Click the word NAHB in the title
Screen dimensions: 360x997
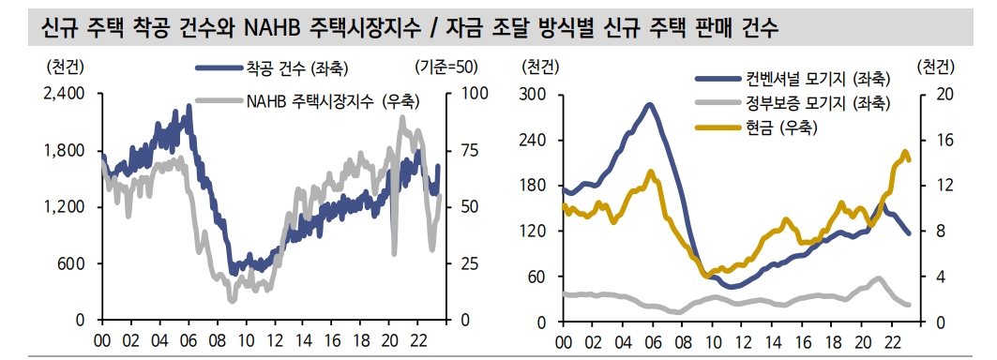pos(272,29)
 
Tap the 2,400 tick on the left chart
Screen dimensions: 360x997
pos(64,94)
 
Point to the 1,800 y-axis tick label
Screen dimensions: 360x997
pos(64,150)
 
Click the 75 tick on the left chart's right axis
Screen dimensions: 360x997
pos(468,150)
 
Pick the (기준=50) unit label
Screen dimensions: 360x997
pos(445,67)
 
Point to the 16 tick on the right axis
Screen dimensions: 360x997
pos(944,140)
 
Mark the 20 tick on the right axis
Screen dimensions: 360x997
pos(944,94)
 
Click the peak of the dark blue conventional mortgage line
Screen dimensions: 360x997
pos(649,104)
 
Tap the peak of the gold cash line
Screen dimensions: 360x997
pos(905,151)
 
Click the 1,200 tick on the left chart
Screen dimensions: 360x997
pos(64,206)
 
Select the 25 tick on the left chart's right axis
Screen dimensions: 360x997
pos(468,263)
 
